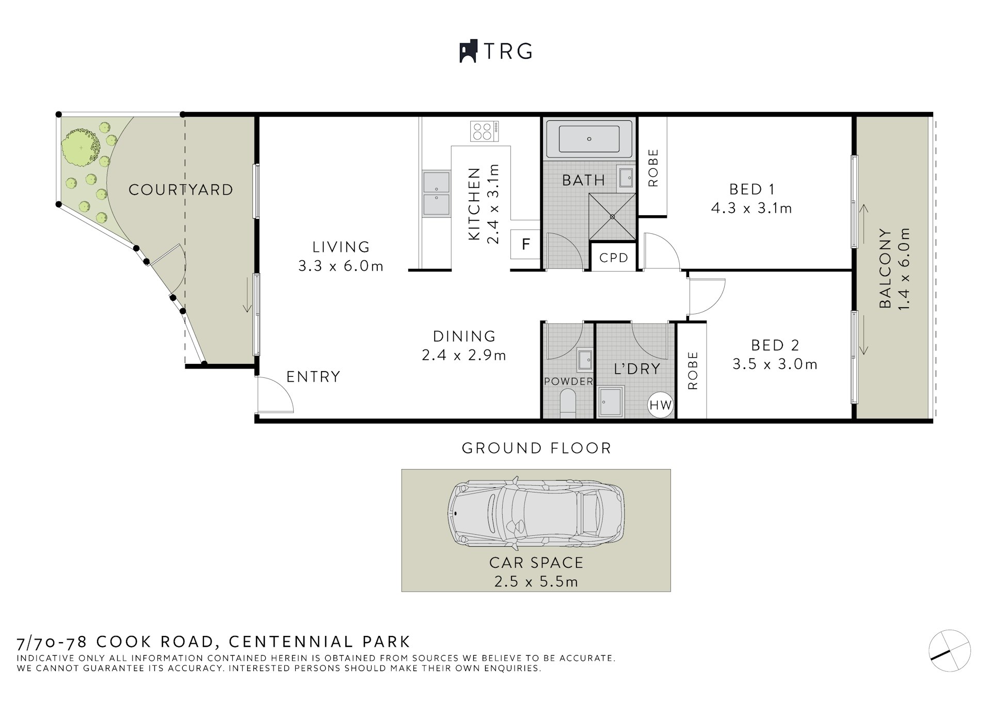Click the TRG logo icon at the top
tap(468, 52)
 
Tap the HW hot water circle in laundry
tap(660, 405)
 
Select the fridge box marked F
tap(525, 244)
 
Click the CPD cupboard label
tap(614, 257)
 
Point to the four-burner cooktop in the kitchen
tap(484, 131)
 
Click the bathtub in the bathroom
tap(589, 139)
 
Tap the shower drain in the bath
tap(613, 217)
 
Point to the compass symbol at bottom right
tap(950, 650)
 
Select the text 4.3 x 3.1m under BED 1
tap(751, 209)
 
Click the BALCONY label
tap(885, 268)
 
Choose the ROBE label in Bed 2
tap(693, 371)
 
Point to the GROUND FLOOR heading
tap(536, 448)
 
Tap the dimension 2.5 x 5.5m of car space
tap(536, 582)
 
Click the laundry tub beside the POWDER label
tap(611, 402)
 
